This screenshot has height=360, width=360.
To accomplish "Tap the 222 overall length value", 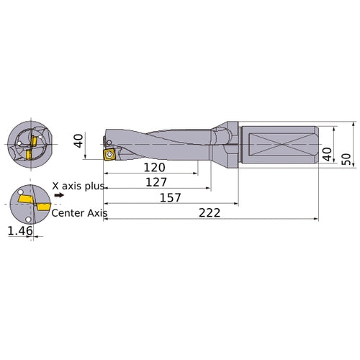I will [x=208, y=212].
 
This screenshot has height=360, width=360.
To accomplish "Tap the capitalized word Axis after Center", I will [x=96, y=212].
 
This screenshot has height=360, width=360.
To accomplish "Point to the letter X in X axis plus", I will [x=56, y=186].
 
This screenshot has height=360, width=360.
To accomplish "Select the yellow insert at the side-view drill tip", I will [x=109, y=154].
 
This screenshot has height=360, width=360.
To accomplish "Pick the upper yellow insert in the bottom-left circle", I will [x=27, y=198].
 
